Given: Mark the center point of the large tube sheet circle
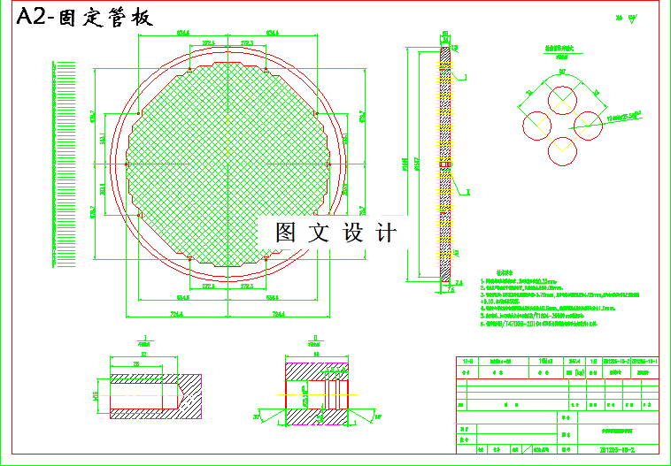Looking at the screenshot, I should click(228, 164).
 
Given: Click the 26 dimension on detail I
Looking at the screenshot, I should click(136, 363).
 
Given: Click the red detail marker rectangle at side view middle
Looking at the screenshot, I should click(445, 164).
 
